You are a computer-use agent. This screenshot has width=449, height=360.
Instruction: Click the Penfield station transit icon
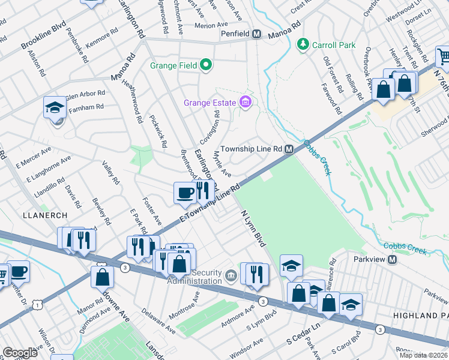coord(256,34)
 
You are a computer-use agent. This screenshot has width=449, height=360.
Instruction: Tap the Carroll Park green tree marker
coord(303,44)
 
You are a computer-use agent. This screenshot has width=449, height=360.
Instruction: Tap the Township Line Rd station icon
coord(289,149)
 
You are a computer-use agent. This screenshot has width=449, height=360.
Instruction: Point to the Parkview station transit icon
coord(393,259)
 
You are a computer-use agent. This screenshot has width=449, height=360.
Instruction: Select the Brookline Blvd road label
coord(43,37)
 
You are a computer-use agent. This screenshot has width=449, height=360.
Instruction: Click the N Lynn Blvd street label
coord(252,228)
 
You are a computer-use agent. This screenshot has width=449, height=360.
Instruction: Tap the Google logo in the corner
coord(20,353)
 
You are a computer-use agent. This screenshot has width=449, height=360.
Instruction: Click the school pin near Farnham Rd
coord(55,109)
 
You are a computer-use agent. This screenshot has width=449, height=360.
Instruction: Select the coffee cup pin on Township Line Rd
coord(185,193)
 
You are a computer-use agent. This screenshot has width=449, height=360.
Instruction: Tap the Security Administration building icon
coord(231,277)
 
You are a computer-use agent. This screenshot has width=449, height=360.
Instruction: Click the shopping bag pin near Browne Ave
coord(102,277)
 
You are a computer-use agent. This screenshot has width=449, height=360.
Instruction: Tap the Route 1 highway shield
coord(38,305)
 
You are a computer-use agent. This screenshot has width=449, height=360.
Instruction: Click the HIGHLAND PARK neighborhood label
coord(420,315)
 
